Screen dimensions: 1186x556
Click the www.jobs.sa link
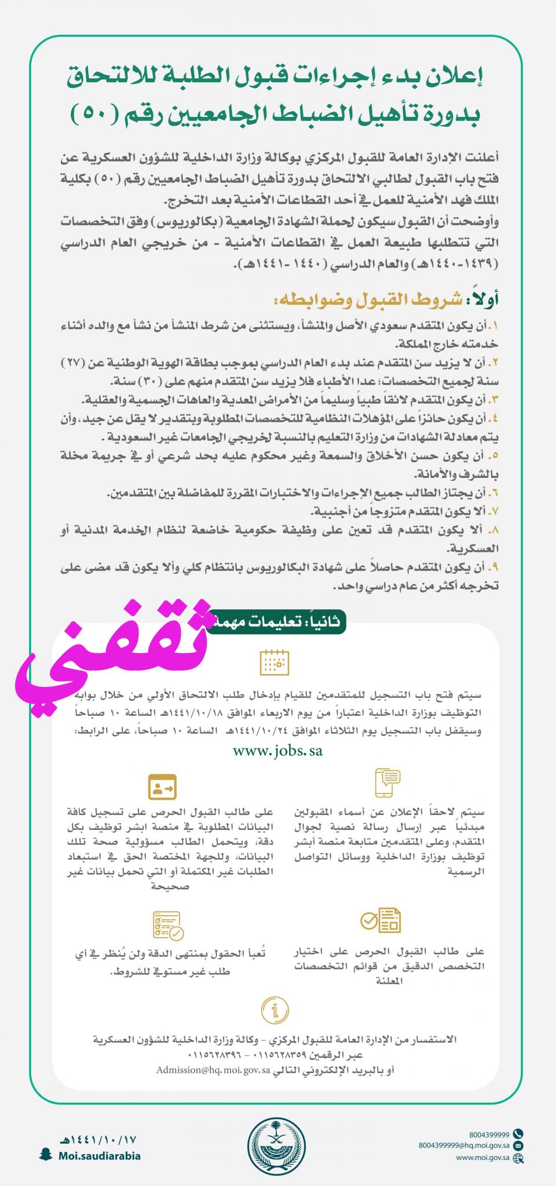(277, 751)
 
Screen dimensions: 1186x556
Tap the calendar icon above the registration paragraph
(275, 662)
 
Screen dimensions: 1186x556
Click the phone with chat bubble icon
(387, 782)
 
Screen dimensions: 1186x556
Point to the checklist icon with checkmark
(168, 925)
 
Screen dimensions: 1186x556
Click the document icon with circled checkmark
(381, 920)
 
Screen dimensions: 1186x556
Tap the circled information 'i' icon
(275, 1011)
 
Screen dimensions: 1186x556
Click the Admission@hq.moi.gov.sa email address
(213, 1070)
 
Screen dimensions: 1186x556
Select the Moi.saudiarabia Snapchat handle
(99, 1156)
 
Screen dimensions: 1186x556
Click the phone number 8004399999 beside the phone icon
(489, 1134)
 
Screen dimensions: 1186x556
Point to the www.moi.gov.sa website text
(482, 1158)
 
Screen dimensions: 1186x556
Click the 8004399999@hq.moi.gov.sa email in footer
(464, 1145)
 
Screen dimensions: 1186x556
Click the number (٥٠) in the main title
(96, 112)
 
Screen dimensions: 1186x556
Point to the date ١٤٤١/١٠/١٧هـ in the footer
(100, 1140)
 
